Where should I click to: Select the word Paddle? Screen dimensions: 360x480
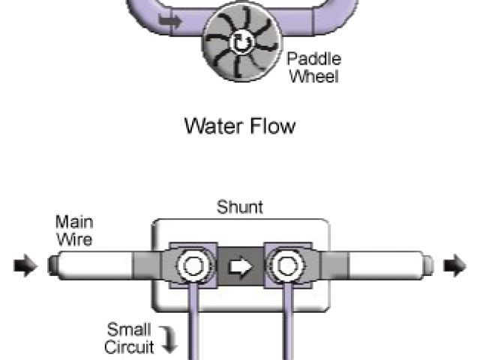click(314, 59)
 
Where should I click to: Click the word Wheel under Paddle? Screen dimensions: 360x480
click(313, 76)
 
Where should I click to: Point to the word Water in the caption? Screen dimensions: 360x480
click(212, 125)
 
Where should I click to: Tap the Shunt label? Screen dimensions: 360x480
click(240, 207)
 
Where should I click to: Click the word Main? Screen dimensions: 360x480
click(73, 223)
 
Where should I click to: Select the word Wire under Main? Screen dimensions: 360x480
click(73, 239)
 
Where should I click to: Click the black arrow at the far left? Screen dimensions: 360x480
click(25, 266)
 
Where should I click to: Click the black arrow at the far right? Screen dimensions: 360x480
click(454, 265)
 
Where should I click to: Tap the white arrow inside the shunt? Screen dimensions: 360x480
click(240, 266)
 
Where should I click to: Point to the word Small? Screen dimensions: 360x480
click(130, 330)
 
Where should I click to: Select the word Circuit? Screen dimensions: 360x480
click(128, 346)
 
